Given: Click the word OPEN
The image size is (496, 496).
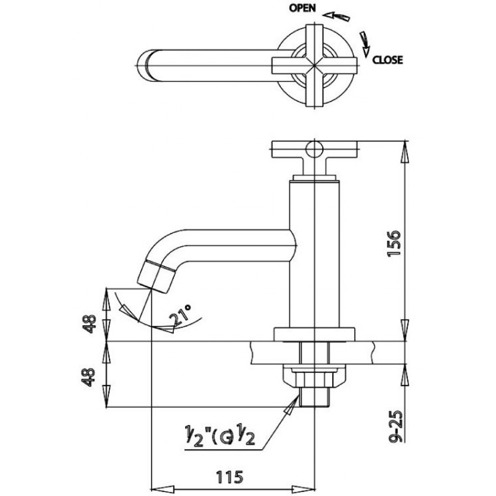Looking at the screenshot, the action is (303, 8).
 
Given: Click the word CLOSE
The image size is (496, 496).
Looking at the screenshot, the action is (388, 60).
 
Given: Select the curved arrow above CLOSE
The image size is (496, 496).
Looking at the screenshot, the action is (365, 44).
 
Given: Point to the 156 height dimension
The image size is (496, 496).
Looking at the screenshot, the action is (394, 243).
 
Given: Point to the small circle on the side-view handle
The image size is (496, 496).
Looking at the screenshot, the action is (314, 149).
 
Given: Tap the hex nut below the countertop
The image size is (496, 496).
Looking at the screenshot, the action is (314, 379).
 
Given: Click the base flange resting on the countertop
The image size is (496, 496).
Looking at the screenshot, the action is (314, 334).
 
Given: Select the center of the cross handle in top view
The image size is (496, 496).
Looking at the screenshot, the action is (314, 66).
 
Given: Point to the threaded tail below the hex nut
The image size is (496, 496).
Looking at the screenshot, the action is (314, 397).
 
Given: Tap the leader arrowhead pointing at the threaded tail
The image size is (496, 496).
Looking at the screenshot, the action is (291, 405).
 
